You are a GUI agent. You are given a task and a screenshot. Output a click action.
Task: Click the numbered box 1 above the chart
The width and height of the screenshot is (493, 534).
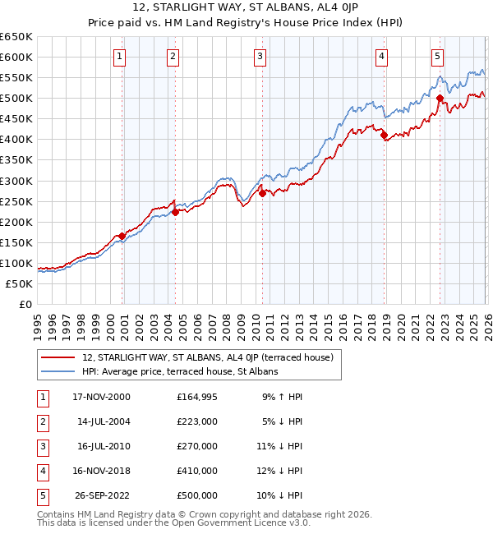tap(120, 57)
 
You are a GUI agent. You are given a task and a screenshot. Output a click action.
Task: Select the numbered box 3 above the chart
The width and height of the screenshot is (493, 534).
tap(260, 57)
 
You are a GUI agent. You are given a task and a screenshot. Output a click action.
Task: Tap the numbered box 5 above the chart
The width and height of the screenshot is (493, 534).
tap(437, 57)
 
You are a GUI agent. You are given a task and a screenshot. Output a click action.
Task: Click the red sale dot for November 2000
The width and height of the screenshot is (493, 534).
tap(122, 236)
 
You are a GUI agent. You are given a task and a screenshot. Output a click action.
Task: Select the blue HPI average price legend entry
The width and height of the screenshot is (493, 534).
tap(180, 372)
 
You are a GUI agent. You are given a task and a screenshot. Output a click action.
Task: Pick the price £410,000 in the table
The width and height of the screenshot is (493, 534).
tap(197, 471)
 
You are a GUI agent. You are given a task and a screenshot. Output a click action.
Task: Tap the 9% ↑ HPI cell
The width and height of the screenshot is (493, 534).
tap(282, 397)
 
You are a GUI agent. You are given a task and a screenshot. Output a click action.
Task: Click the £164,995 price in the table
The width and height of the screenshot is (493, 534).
tap(197, 397)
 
